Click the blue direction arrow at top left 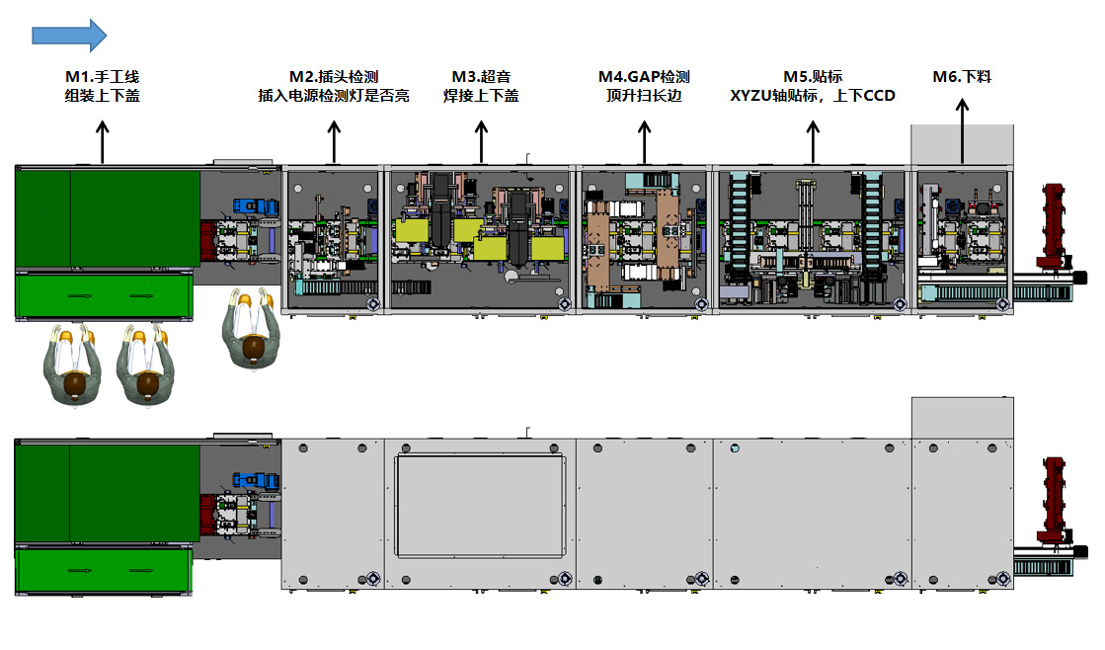69,35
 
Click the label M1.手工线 102,77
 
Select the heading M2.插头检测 334,77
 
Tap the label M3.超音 481,77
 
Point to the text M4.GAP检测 644,77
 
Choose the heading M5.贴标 813,77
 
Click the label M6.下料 962,77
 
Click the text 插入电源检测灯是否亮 334,96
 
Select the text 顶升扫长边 644,96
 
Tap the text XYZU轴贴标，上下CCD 813,96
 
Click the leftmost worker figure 70,366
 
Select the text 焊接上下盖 481,96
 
